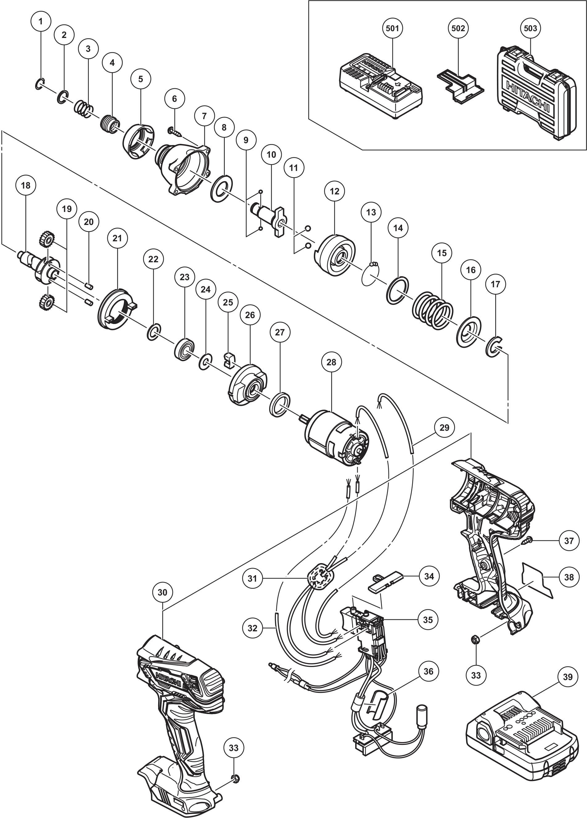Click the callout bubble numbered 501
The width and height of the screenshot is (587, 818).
click(x=392, y=28)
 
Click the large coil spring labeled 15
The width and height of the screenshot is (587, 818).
click(x=433, y=310)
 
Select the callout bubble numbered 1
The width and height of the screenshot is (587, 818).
click(x=40, y=21)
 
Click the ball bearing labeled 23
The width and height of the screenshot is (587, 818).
click(x=184, y=348)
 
